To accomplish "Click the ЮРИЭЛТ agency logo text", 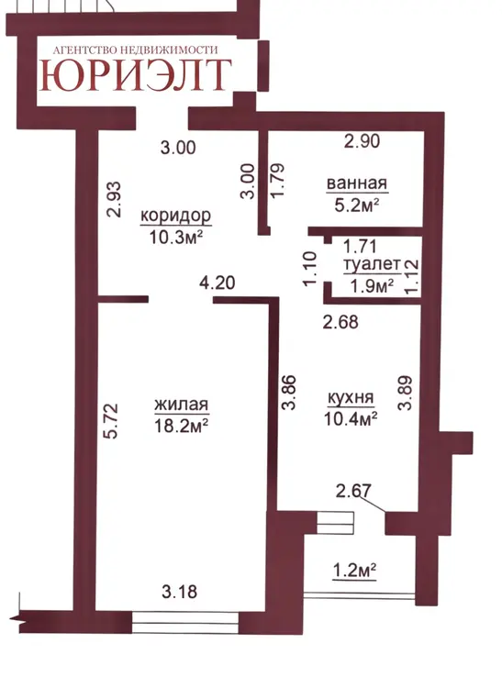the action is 136,75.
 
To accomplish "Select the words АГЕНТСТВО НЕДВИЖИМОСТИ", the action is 135,50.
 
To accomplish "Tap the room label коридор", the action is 176,216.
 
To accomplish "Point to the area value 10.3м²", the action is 176,238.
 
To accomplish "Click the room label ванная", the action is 357,183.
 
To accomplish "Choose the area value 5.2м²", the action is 357,205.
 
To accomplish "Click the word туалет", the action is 372,264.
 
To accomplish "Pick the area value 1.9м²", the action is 372,285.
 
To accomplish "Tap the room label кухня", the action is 351,397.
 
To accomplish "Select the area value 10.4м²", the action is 351,418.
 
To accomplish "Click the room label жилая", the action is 181,405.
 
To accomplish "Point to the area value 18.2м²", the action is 181,425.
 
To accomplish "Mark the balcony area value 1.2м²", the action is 354,571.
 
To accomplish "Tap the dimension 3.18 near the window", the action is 180,592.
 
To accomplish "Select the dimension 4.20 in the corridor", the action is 218,283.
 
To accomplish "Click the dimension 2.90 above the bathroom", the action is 362,141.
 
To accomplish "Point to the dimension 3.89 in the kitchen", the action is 405,393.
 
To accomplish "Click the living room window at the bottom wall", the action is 185,623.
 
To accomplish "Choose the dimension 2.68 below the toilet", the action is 340,322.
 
